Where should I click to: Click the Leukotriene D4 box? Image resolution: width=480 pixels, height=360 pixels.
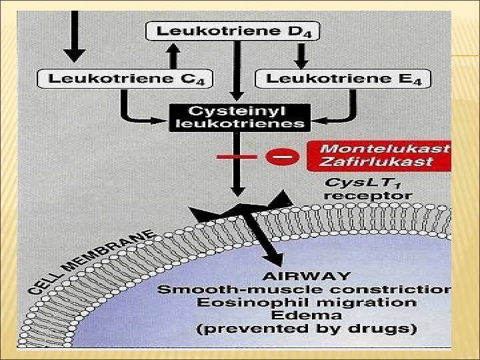click(x=233, y=31)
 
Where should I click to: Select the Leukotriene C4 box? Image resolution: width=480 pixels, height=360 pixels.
click(x=125, y=78)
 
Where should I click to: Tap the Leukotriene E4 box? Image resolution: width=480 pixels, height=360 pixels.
click(x=343, y=78)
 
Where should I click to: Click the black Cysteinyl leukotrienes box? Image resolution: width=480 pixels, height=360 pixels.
click(x=237, y=116)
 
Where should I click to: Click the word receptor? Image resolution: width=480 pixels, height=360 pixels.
click(x=367, y=196)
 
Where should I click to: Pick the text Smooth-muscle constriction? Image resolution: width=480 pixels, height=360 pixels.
click(x=304, y=289)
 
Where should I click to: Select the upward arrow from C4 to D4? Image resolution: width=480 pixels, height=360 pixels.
click(x=172, y=55)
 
